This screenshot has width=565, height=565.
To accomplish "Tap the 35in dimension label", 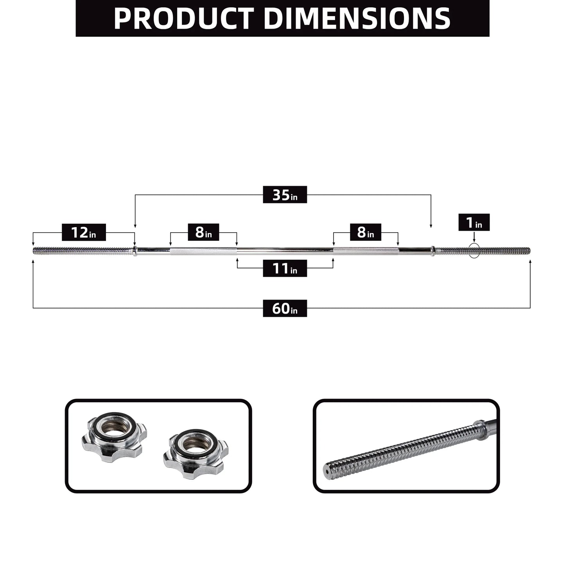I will click(285, 195).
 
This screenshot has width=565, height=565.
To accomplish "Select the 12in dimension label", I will click(84, 233).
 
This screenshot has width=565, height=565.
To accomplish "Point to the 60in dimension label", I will click(285, 309).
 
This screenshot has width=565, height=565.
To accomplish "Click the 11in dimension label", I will click(285, 269).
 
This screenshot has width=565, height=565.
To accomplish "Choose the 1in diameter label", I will click(474, 222).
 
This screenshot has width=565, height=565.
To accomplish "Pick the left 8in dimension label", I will click(203, 232).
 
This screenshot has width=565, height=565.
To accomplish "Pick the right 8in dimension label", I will click(365, 232).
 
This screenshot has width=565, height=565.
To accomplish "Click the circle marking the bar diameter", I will click(474, 251).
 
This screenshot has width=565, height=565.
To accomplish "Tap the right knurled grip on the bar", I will click(366, 251).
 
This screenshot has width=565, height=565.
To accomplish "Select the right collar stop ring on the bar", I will click(432, 251).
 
